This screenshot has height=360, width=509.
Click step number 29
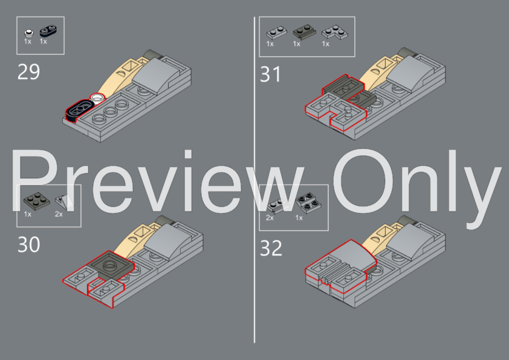pos(28,72)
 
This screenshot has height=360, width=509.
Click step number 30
pos(28,245)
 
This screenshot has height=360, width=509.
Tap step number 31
pos(270,74)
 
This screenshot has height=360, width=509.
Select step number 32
pos(271,248)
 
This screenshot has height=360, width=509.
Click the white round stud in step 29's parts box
pos(28,33)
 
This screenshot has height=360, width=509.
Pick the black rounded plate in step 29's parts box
pos(48,31)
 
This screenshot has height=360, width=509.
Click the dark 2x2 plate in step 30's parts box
pos(37,201)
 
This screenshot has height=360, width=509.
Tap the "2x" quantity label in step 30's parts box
pos(59,214)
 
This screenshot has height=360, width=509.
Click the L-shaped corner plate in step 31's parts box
pos(334,33)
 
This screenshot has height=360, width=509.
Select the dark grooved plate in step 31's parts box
pos(305,32)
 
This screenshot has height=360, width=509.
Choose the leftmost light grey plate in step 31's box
pos(277,33)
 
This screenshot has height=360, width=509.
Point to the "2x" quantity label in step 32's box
pos(270,217)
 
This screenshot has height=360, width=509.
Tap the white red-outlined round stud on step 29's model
pos(97,97)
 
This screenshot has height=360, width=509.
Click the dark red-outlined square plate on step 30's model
pos(112,265)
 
